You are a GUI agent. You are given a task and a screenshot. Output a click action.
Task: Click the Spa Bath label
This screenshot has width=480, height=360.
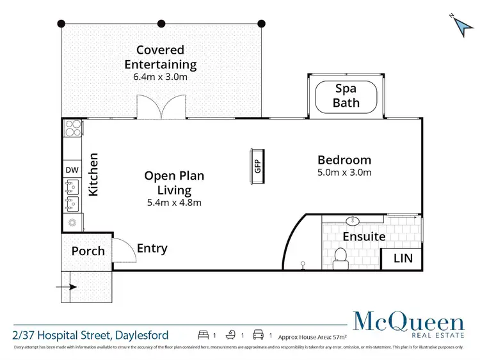[x=346, y=96]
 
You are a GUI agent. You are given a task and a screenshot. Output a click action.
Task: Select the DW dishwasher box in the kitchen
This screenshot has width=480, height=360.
[x=70, y=170]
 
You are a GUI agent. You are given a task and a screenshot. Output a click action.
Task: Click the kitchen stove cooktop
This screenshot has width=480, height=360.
[x=72, y=129]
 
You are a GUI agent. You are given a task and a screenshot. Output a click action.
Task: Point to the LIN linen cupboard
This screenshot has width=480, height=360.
[x=401, y=258]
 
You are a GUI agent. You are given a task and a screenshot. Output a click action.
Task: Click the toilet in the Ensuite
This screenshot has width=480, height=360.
[x=342, y=256]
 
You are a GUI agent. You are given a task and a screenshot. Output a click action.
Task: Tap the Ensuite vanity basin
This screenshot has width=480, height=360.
[x=352, y=221]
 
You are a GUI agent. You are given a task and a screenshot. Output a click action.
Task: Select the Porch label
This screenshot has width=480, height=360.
[x=88, y=251]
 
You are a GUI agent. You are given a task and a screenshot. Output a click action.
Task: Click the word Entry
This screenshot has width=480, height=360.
[x=152, y=248]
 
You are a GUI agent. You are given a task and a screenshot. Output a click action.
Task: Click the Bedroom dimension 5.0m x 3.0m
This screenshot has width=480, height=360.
[x=344, y=173]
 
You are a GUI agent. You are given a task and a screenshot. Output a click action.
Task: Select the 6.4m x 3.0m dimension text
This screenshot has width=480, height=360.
[x=160, y=77]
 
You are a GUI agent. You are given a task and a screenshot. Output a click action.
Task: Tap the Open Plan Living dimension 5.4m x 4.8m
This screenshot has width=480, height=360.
[x=174, y=203]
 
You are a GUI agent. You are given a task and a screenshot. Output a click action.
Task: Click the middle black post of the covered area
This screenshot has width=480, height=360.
[x=161, y=24]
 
